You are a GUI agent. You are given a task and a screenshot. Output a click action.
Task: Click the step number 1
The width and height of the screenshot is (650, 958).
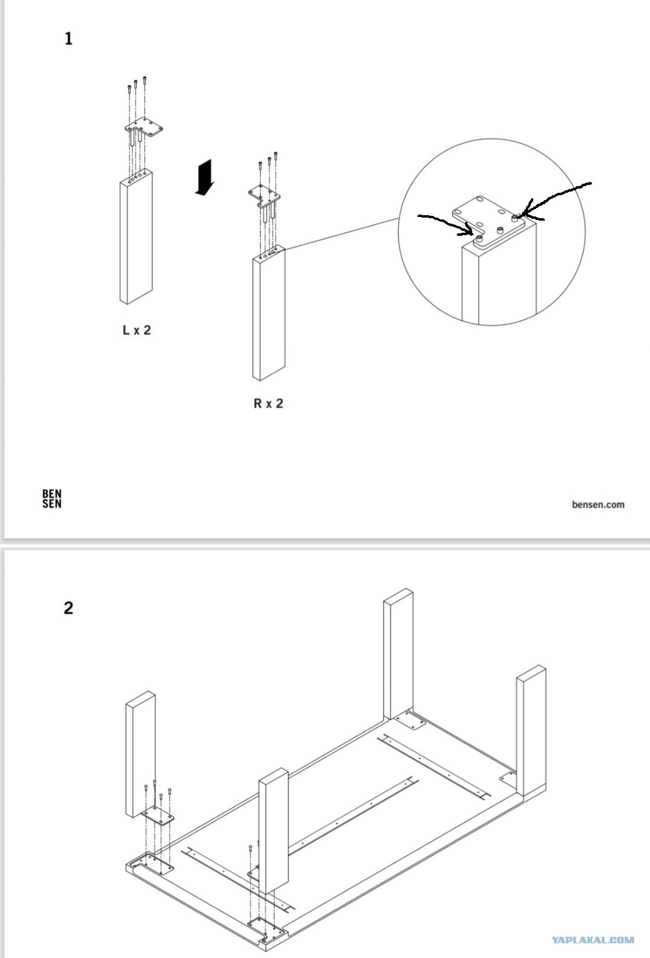(68, 39)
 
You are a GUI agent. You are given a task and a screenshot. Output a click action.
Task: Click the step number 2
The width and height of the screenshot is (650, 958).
(68, 607)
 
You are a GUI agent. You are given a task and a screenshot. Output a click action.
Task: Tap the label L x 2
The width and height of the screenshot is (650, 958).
(137, 330)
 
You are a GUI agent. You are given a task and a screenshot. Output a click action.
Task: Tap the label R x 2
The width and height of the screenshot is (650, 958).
(268, 403)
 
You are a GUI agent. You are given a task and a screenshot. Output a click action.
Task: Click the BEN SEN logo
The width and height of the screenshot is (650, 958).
(51, 499)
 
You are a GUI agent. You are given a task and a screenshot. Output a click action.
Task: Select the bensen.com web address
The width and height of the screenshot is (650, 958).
(597, 504)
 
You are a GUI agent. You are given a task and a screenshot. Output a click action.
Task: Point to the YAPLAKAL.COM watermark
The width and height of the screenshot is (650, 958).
(593, 940)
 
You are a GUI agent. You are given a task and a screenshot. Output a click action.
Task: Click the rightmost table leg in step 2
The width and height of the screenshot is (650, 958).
(531, 731)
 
